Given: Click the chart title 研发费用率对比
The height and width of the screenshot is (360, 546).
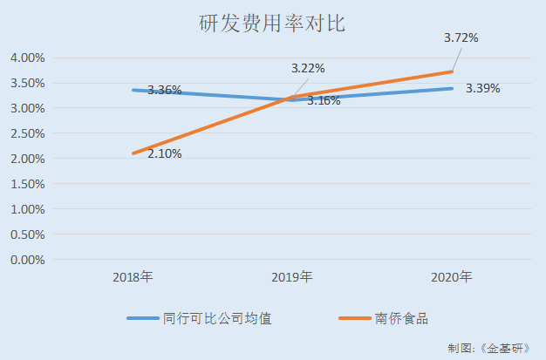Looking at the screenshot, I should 272,24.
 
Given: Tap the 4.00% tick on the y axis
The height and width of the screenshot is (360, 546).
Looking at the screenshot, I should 27,58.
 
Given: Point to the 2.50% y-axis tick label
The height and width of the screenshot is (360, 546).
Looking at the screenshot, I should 27,133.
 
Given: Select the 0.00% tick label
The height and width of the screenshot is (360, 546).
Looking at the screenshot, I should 27,260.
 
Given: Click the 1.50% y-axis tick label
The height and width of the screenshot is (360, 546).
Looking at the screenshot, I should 27,184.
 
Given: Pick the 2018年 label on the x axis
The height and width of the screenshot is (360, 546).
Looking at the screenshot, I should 133,278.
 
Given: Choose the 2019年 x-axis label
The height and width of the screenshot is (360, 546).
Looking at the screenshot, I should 292,278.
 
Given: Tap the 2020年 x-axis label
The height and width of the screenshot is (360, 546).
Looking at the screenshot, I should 452,278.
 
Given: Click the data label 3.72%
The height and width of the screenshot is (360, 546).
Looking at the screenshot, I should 461,38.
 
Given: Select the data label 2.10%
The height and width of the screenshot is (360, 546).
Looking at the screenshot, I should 165,154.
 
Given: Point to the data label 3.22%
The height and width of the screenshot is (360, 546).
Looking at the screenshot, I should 307,68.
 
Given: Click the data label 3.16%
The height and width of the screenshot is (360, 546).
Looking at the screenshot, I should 324,102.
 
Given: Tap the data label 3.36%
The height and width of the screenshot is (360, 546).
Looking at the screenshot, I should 164,91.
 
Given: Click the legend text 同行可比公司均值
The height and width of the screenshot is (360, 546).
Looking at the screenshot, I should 217,319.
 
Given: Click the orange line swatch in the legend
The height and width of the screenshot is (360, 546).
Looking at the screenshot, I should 356,319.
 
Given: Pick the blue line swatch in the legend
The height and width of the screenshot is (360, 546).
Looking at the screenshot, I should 143,319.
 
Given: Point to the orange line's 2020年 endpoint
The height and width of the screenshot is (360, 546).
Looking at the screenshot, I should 452,71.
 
